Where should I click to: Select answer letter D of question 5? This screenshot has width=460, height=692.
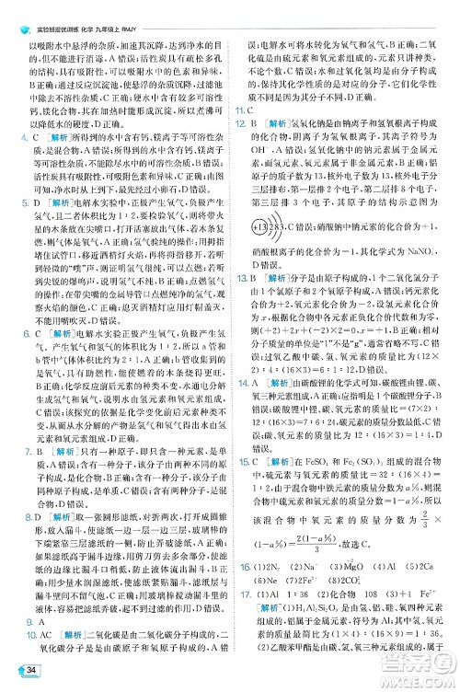point(38,198)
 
